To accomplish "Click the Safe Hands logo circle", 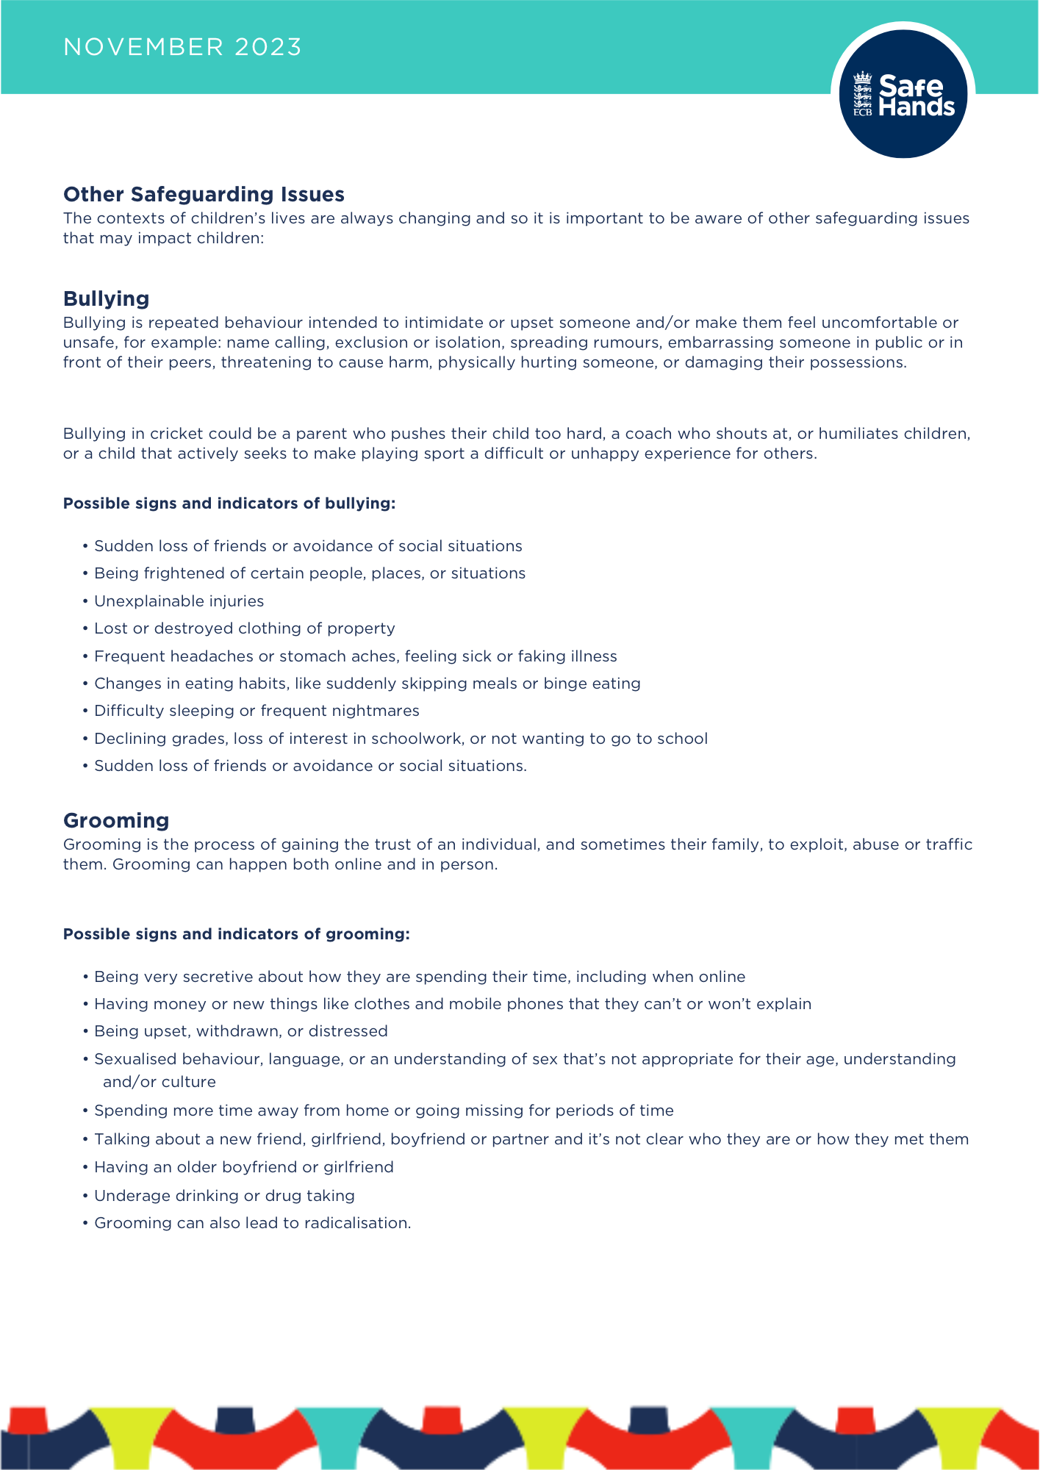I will click(x=903, y=94).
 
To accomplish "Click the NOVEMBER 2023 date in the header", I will click(x=182, y=47).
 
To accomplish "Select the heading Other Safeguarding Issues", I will click(x=204, y=194).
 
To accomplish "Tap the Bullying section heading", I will click(x=106, y=298).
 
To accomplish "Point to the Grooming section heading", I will click(x=116, y=820).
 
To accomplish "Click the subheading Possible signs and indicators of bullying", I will click(x=229, y=503).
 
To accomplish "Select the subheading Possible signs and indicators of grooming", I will click(x=236, y=934).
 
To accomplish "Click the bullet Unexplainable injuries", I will click(x=179, y=601).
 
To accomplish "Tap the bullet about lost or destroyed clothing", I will click(x=244, y=628).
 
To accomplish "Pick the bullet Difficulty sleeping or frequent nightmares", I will click(x=257, y=711).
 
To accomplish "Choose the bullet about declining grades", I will click(x=401, y=739).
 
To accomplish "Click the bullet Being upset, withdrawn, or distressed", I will click(x=240, y=1031).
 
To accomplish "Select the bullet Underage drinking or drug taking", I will click(x=224, y=1196).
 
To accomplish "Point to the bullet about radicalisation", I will click(x=252, y=1223).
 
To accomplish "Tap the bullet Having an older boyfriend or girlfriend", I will click(x=243, y=1167).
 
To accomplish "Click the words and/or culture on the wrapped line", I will click(x=159, y=1082).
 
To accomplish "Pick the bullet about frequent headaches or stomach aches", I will click(x=355, y=656).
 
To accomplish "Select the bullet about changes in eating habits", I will click(x=367, y=684).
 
